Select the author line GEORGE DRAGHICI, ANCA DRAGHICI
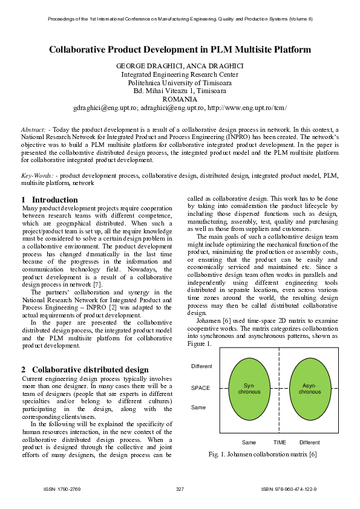point(180,65)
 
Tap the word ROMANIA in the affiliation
point(180,99)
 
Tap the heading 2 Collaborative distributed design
point(85,369)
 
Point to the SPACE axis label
point(200,389)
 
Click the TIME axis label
point(280,443)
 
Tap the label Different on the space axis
point(201,367)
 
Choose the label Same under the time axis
point(249,443)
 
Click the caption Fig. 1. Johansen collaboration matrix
point(262,454)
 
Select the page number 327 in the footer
point(180,488)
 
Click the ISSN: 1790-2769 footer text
point(62,488)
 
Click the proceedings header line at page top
point(180,19)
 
